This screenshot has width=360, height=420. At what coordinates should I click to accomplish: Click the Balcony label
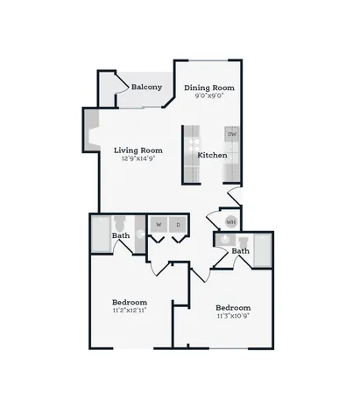146,87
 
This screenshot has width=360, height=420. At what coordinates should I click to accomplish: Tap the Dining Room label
209,87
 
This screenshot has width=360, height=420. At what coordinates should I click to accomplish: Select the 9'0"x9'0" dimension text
209,95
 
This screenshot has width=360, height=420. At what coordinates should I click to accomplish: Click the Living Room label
138,150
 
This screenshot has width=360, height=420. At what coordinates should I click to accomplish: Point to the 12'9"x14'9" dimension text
138,158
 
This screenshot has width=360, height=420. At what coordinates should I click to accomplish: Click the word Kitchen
212,155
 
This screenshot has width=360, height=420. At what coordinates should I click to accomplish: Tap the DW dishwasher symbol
232,134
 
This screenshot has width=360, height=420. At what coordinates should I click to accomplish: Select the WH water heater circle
231,222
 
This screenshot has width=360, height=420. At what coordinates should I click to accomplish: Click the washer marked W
159,225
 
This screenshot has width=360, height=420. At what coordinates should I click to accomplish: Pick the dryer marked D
178,225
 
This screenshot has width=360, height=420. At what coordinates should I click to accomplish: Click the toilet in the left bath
119,223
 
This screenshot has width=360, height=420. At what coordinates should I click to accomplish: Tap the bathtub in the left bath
101,234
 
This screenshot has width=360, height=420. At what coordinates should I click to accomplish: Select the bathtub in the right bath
263,250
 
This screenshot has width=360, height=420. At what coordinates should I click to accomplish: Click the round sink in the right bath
225,240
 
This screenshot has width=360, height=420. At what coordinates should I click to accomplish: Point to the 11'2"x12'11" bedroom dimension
130,311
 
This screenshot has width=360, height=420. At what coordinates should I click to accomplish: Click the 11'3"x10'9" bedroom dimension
233,316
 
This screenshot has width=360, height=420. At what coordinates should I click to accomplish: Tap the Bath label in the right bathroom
241,251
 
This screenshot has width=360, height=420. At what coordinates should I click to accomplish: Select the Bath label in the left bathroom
121,235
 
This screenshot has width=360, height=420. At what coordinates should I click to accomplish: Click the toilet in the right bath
243,241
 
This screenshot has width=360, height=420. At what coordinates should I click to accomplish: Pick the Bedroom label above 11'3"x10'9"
233,308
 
